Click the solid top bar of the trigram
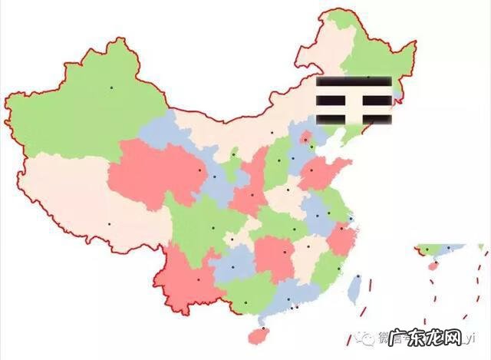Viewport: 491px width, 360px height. coord(354,81)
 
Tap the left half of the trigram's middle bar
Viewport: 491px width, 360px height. coord(334,99)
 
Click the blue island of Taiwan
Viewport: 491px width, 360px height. coord(355,289)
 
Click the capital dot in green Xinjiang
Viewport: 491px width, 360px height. coord(110,88)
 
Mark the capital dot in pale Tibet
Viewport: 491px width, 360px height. coord(109,224)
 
